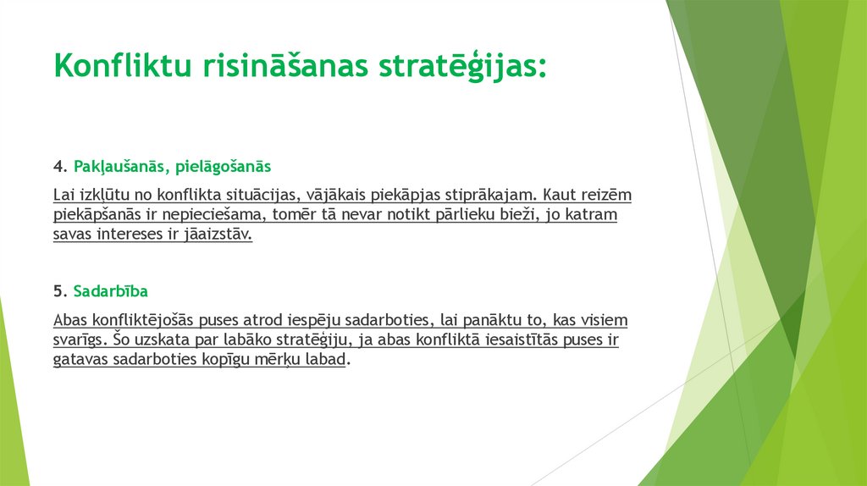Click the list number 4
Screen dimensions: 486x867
pyautogui.click(x=58, y=166)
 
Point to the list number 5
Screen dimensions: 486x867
pyautogui.click(x=58, y=291)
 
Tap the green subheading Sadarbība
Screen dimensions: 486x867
pyautogui.click(x=111, y=291)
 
